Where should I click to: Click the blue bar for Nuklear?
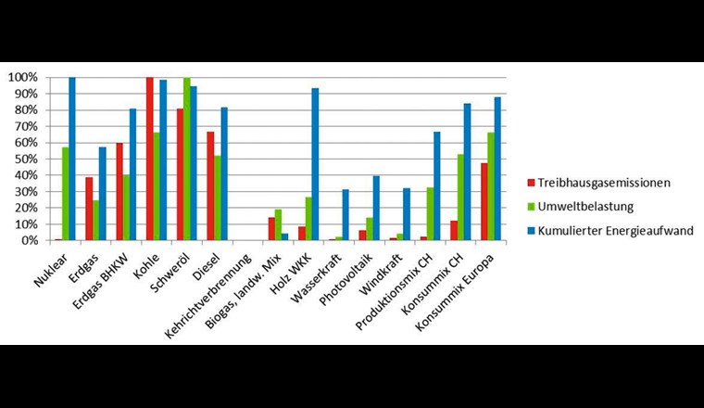72,159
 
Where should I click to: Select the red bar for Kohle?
149,159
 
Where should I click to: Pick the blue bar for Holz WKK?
316,164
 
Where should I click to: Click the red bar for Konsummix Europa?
484,201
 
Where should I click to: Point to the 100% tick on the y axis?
45,77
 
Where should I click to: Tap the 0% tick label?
31,240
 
